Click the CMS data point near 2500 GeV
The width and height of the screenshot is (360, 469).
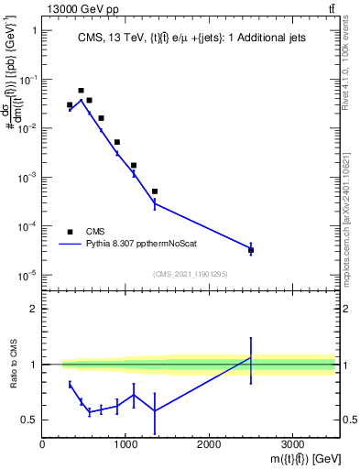[251, 249]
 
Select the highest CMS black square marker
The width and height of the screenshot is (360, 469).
[81, 91]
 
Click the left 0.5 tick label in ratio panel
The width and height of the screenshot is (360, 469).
[30, 420]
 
